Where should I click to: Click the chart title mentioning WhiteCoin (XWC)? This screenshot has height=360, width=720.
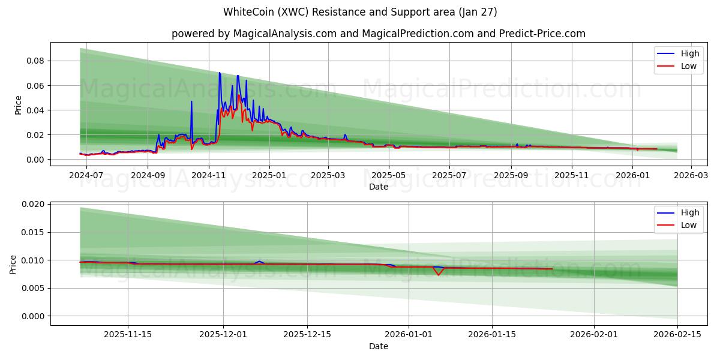click(360, 12)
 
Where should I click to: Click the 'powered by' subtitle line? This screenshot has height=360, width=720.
click(378, 34)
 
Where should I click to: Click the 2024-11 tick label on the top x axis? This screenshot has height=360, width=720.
click(208, 176)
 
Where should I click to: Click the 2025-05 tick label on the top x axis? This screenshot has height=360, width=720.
click(389, 176)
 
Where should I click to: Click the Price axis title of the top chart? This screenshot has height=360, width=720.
click(19, 105)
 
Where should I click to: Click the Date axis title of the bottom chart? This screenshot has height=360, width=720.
click(378, 346)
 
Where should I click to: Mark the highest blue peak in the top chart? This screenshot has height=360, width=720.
click(219, 73)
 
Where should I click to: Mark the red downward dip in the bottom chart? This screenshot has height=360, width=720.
click(439, 275)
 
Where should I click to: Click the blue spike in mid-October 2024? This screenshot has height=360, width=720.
click(191, 101)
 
